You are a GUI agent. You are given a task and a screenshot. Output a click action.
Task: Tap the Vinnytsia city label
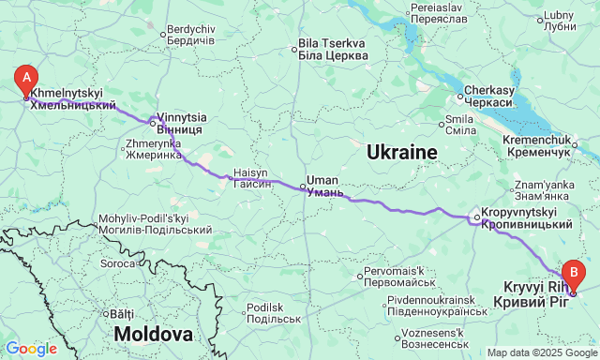coord(175,123)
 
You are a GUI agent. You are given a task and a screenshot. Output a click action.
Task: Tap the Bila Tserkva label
coord(331,49)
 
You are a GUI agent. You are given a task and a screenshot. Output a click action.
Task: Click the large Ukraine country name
coord(401,152)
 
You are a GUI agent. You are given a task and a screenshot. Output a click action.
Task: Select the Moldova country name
coord(153,334)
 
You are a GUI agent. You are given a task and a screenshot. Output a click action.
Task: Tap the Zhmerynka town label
coord(153,149)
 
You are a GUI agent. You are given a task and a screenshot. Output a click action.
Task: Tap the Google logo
coord(30,349)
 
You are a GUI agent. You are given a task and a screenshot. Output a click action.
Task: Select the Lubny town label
coord(559,21)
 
